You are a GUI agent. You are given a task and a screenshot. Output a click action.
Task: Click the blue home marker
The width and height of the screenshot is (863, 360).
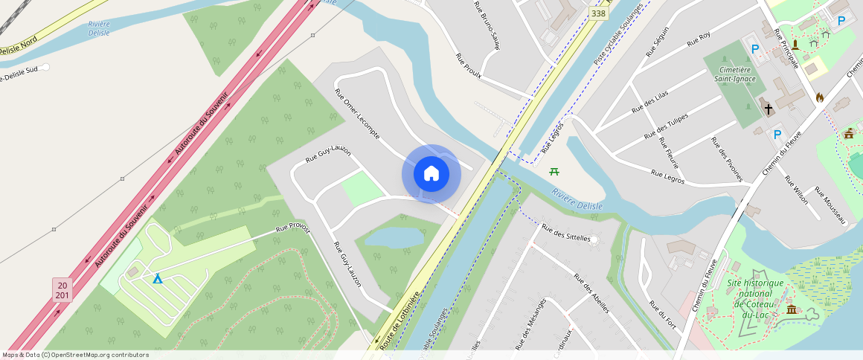point(431,174)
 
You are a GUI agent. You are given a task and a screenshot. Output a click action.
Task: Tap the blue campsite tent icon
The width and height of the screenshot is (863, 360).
point(157,278)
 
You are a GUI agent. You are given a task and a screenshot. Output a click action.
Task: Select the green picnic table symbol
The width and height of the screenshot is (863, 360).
point(554,172)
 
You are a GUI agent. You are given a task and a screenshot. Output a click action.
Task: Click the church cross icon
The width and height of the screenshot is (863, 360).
point(769,109)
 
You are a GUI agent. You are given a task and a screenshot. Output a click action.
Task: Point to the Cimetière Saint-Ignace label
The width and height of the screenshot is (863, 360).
point(735,74)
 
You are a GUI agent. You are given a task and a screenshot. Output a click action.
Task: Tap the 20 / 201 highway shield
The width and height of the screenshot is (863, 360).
point(62,290)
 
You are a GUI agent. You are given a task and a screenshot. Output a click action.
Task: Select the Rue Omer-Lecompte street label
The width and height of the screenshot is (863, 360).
point(358,115)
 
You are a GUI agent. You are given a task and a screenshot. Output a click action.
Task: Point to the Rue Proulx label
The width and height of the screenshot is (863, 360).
point(469,65)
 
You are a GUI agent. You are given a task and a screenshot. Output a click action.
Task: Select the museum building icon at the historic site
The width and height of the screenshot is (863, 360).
point(791,309)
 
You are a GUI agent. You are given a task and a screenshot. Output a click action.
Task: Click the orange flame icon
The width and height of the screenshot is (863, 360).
point(820,97)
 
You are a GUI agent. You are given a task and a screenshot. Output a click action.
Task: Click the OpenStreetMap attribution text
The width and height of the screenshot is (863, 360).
point(76,355)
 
